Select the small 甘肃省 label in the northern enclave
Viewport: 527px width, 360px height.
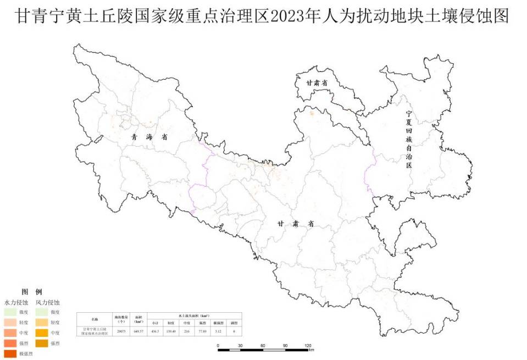pyautogui.click(x=317, y=82)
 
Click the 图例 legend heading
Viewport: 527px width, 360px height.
pyautogui.click(x=31, y=291)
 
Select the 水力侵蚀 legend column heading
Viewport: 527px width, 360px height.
pyautogui.click(x=16, y=302)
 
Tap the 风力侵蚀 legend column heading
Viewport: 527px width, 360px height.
pyautogui.click(x=48, y=302)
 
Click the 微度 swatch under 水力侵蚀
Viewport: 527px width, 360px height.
pyautogui.click(x=10, y=312)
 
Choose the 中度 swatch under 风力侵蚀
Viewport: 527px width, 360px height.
pyautogui.click(x=42, y=333)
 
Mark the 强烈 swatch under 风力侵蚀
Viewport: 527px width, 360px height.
pyautogui.click(x=42, y=343)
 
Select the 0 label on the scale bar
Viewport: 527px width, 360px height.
pyautogui.click(x=218, y=345)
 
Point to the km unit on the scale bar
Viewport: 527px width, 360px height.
pyautogui.click(x=311, y=350)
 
